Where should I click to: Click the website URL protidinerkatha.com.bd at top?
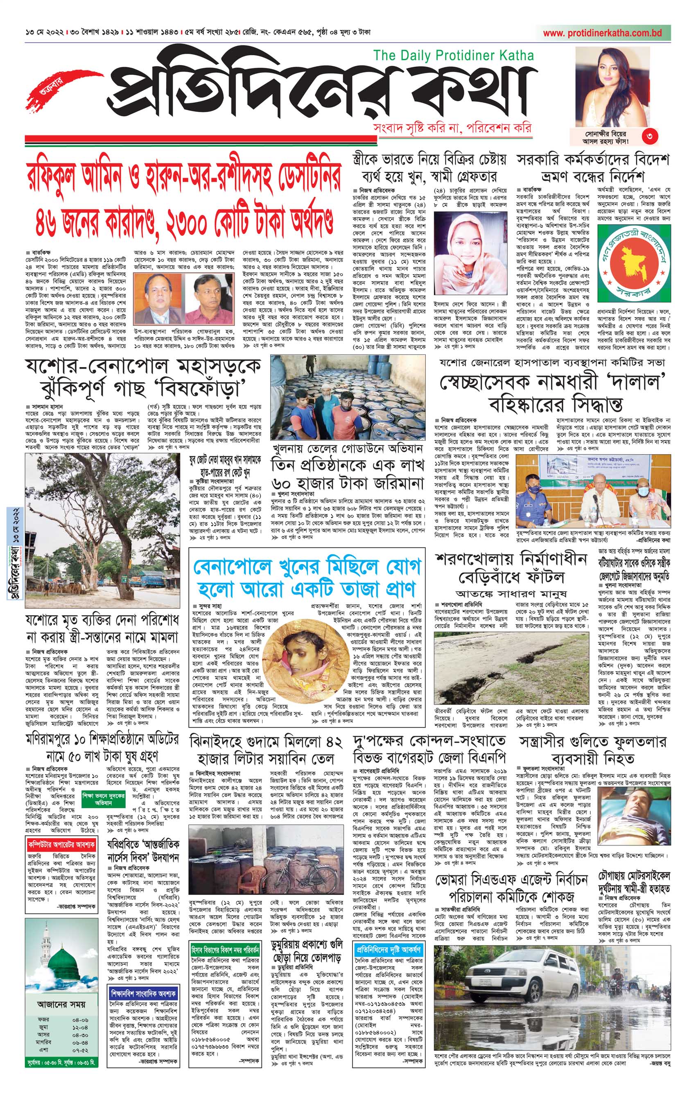[603, 33]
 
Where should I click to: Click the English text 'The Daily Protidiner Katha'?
[453, 55]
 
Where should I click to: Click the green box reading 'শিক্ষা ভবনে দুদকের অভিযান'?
[104, 799]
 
